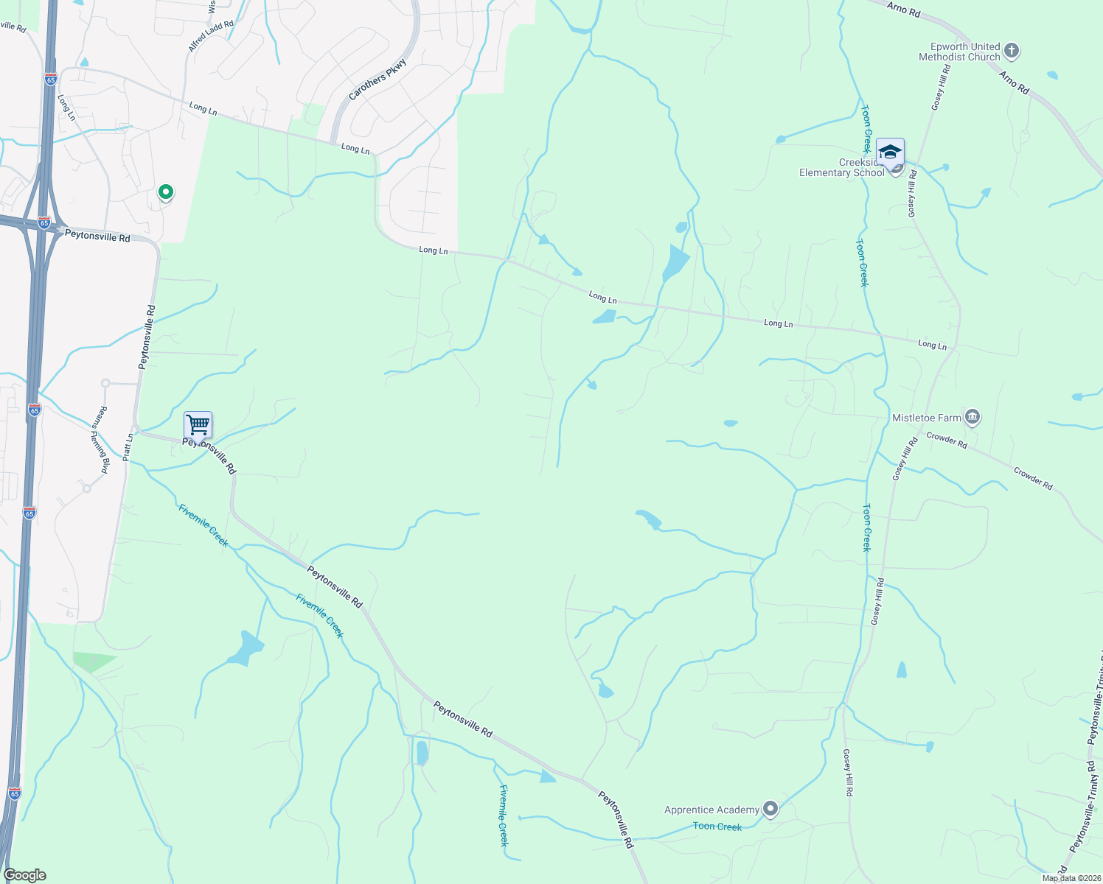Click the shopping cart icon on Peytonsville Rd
pyautogui.click(x=198, y=425)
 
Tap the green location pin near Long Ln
pyautogui.click(x=166, y=192)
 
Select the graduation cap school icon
pyautogui.click(x=890, y=152)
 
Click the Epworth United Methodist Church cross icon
pyautogui.click(x=1012, y=51)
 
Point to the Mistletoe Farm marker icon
pyautogui.click(x=972, y=418)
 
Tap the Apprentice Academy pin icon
pyautogui.click(x=770, y=810)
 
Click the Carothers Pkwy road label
pyautogui.click(x=377, y=80)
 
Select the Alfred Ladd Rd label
pyautogui.click(x=211, y=36)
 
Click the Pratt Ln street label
pyautogui.click(x=128, y=447)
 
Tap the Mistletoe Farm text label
pyautogui.click(x=927, y=418)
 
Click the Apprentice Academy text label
pyautogui.click(x=711, y=810)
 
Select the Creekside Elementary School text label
pyautogui.click(x=842, y=168)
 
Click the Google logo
pyautogui.click(x=25, y=875)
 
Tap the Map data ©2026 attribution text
pyautogui.click(x=1071, y=878)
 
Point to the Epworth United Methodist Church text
pyautogui.click(x=959, y=52)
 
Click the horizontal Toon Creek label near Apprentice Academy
pyautogui.click(x=717, y=827)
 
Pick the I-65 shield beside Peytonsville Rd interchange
pyautogui.click(x=44, y=222)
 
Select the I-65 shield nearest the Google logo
pyautogui.click(x=15, y=793)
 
